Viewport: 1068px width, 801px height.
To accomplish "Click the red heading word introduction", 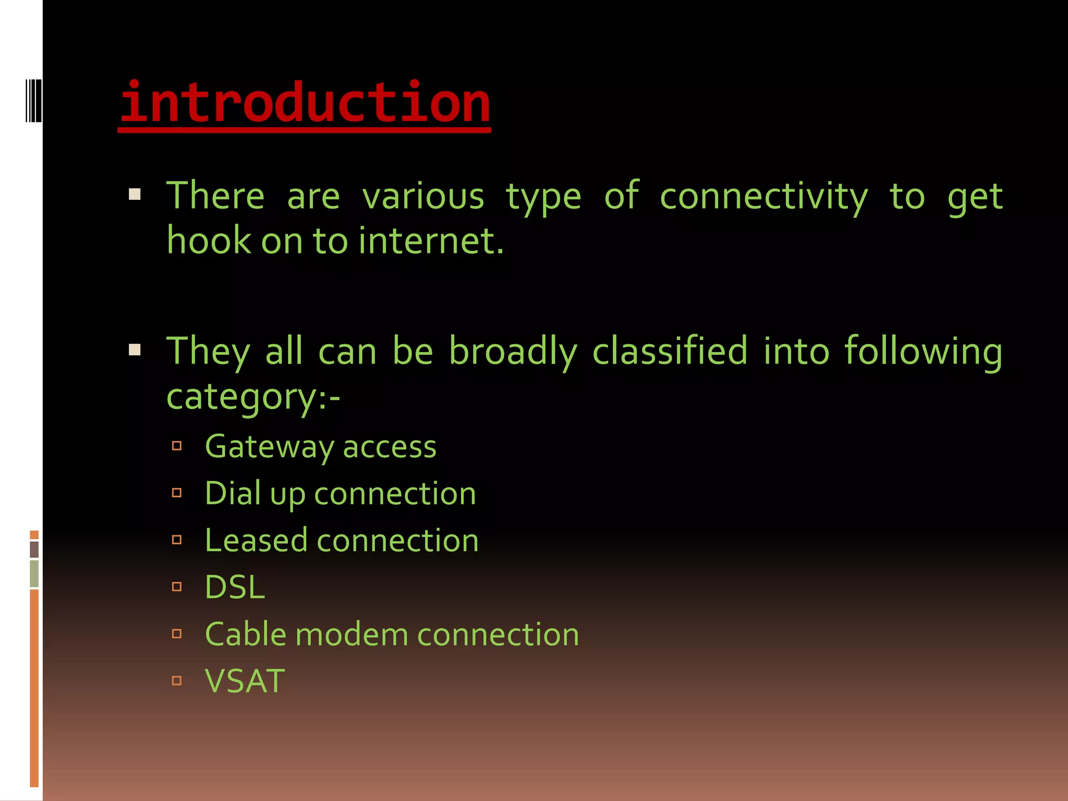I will click(x=305, y=103).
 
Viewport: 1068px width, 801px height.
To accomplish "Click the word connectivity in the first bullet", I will click(x=764, y=197).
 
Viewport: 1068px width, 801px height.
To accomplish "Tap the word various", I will click(x=423, y=197).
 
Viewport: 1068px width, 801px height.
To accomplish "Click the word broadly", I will click(x=513, y=351).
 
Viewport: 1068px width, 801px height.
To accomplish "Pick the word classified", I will click(x=671, y=351).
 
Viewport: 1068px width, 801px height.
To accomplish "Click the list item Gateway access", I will click(x=321, y=447).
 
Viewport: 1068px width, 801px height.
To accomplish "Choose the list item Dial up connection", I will click(x=340, y=494).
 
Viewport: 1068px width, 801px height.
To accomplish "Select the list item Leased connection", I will click(x=342, y=540).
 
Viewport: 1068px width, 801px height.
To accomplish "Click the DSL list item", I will click(x=235, y=588).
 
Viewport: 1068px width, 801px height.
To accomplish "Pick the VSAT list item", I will click(x=245, y=681).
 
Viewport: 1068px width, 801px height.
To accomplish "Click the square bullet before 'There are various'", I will click(x=135, y=195).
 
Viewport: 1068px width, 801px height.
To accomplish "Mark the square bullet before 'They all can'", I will click(x=135, y=349).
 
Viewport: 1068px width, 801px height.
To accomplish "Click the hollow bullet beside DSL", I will click(x=177, y=587).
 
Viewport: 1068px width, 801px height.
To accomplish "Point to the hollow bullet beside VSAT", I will click(x=177, y=681).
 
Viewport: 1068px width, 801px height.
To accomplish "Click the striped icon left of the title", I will click(x=33, y=101).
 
